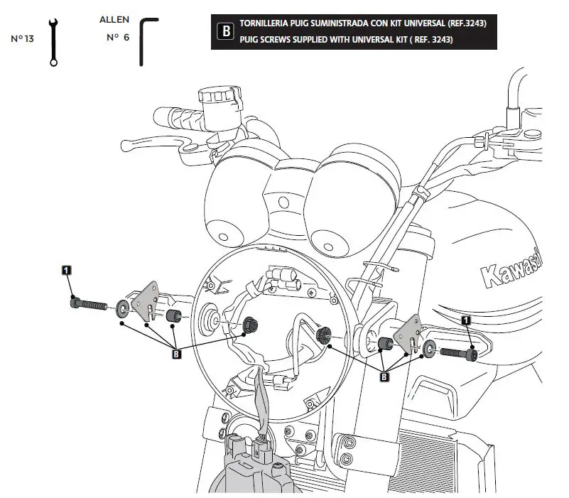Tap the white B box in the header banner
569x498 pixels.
pos(225,32)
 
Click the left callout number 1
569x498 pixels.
pos(66,270)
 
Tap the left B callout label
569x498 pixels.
pos(176,352)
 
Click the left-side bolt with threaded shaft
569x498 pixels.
pos(89,305)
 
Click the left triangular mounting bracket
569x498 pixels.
pos(147,301)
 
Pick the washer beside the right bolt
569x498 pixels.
pos(429,349)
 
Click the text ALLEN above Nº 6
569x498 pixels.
pos(114,19)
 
